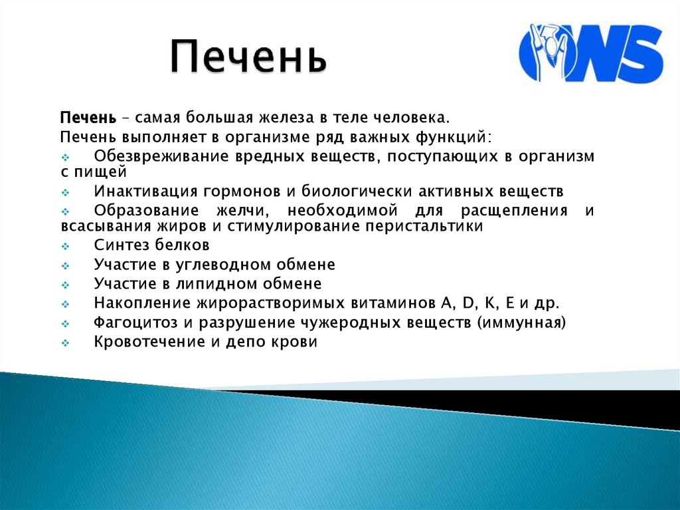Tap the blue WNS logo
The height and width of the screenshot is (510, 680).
click(x=590, y=53)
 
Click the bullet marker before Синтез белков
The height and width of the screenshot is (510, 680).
click(x=65, y=246)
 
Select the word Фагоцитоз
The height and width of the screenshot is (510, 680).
click(x=133, y=323)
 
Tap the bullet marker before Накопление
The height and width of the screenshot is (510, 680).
click(x=65, y=305)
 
